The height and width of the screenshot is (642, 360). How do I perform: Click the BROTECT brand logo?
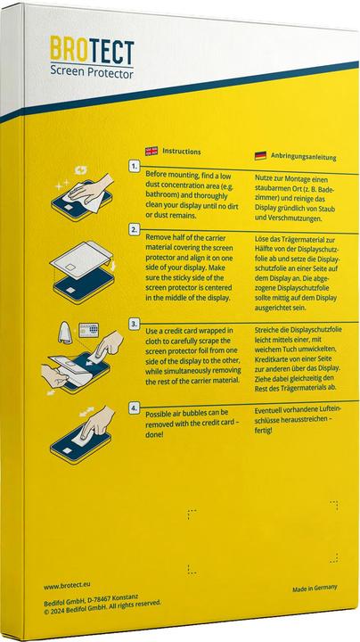pos(92,51)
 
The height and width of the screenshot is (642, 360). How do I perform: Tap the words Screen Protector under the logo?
pos(92,72)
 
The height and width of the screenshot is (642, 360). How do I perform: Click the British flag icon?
pos(151,151)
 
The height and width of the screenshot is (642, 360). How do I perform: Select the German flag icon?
pos(260,155)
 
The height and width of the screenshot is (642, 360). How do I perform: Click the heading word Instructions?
pos(182,152)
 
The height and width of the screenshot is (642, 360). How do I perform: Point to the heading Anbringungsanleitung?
pos(304,157)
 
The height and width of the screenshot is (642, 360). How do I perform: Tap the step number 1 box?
pos(135,166)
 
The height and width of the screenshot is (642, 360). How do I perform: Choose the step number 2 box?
pos(135,230)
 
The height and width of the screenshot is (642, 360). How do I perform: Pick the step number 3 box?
pos(134,325)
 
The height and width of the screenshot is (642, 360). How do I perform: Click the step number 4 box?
pos(134,407)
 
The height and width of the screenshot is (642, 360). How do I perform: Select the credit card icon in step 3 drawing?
pos(89,329)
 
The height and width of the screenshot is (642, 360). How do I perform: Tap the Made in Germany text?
pos(315,588)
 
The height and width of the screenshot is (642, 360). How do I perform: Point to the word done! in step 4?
pos(155,434)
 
